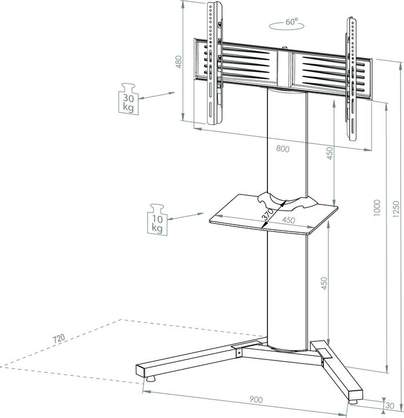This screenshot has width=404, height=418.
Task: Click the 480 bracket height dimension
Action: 179,61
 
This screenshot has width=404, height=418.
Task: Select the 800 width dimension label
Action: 283,149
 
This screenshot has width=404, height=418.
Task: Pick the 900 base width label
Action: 256,399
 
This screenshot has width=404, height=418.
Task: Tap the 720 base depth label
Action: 58,338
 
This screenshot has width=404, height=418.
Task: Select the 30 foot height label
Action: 389,405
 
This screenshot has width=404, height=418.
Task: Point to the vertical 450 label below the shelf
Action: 324,283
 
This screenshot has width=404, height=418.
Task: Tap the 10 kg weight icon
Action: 156,219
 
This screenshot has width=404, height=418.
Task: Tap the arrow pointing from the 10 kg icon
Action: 184,215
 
